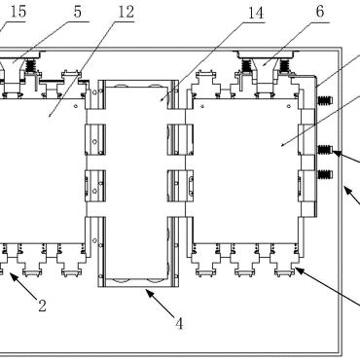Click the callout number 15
coord(18,12)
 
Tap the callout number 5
coord(78,12)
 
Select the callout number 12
coord(126,13)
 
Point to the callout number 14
coord(256,13)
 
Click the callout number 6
coord(320,12)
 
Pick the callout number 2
coord(42,306)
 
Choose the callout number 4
coord(179,323)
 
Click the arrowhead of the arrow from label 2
coord(13,275)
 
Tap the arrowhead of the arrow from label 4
coord(149,293)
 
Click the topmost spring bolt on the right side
coord(326,100)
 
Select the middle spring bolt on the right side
coord(325,150)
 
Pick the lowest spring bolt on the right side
coord(326,174)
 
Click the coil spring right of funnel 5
coord(30,66)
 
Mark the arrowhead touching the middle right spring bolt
coord(336,153)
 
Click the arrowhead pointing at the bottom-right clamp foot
coord(299,270)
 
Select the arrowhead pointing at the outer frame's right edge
coord(347,190)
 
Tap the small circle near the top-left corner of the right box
coord(202,106)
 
